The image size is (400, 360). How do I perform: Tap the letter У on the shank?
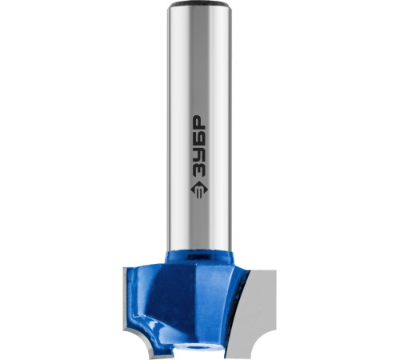[199, 153]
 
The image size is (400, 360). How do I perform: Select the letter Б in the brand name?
[199, 138]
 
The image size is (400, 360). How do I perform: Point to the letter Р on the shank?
[199, 122]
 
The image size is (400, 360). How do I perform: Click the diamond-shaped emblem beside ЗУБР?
[199, 190]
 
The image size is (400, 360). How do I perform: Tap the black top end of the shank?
[199, 4]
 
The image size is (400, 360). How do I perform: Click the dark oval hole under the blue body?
[198, 347]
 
